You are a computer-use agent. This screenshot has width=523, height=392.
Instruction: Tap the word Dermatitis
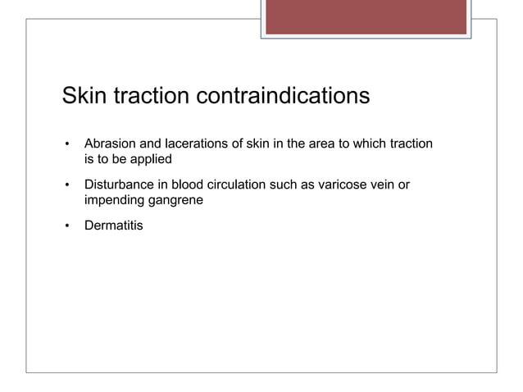point(113,224)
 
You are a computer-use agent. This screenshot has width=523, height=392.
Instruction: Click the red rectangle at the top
point(366,17)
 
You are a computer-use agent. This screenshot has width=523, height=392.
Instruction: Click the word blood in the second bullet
point(186,185)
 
